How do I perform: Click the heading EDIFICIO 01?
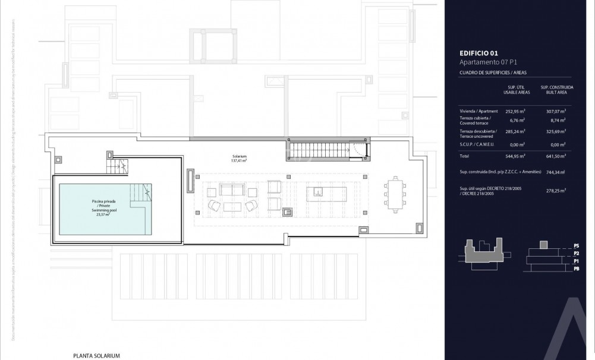pyautogui.click(x=478, y=53)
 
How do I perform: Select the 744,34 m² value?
pyautogui.click(x=555, y=172)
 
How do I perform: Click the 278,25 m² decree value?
pyautogui.click(x=555, y=191)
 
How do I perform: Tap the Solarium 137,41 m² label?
pyautogui.click(x=240, y=158)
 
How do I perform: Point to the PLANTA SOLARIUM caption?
pyautogui.click(x=97, y=355)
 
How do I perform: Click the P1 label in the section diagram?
pyautogui.click(x=576, y=261)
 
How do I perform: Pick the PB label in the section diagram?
pyautogui.click(x=576, y=269)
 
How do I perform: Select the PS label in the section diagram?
pyautogui.click(x=576, y=245)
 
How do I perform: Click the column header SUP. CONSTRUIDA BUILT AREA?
pyautogui.click(x=553, y=90)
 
